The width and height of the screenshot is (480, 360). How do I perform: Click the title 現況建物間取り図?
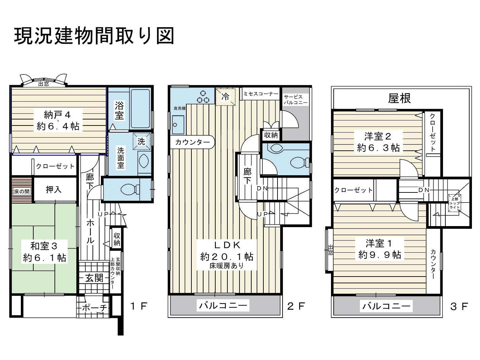click(94, 36)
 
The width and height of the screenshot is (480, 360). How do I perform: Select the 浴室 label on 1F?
click(119, 110)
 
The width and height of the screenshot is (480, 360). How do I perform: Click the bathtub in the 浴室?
click(140, 108)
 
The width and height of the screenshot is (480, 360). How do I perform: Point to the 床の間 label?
click(22, 191)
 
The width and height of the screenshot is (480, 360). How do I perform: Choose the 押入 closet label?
click(53, 189)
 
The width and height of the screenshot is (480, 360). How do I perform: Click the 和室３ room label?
click(44, 246)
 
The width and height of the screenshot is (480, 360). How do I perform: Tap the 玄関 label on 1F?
click(94, 278)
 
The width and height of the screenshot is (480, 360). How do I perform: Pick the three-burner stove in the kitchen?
click(203, 97)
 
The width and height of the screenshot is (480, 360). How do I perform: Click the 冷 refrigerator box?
click(225, 97)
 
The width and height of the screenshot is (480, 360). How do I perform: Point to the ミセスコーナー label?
click(261, 94)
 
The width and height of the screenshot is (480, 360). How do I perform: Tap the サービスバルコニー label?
click(295, 100)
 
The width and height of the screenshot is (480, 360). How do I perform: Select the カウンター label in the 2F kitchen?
click(192, 142)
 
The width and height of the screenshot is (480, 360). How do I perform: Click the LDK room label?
click(227, 245)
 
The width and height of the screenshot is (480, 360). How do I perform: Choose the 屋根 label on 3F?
click(399, 98)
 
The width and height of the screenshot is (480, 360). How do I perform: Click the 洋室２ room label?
click(378, 137)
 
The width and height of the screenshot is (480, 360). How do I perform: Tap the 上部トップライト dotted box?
click(455, 203)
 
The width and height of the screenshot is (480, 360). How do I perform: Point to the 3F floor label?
click(459, 307)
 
